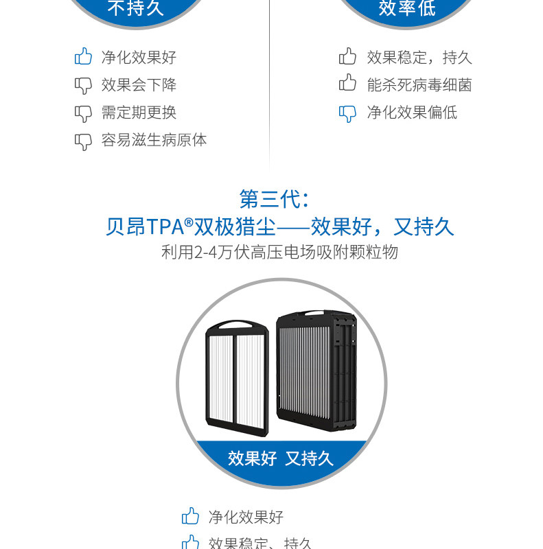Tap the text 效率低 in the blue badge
407,8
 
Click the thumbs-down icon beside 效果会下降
83,85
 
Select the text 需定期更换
139,113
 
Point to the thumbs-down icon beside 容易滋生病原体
83,141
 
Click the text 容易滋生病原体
154,140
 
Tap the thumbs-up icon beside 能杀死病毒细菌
348,84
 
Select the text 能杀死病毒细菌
419,85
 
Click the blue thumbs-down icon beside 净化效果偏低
348,113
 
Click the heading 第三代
270,199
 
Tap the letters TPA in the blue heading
166,227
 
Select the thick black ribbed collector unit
316,371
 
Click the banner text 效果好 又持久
280,458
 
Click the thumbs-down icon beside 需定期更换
83,113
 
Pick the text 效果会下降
139,85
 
